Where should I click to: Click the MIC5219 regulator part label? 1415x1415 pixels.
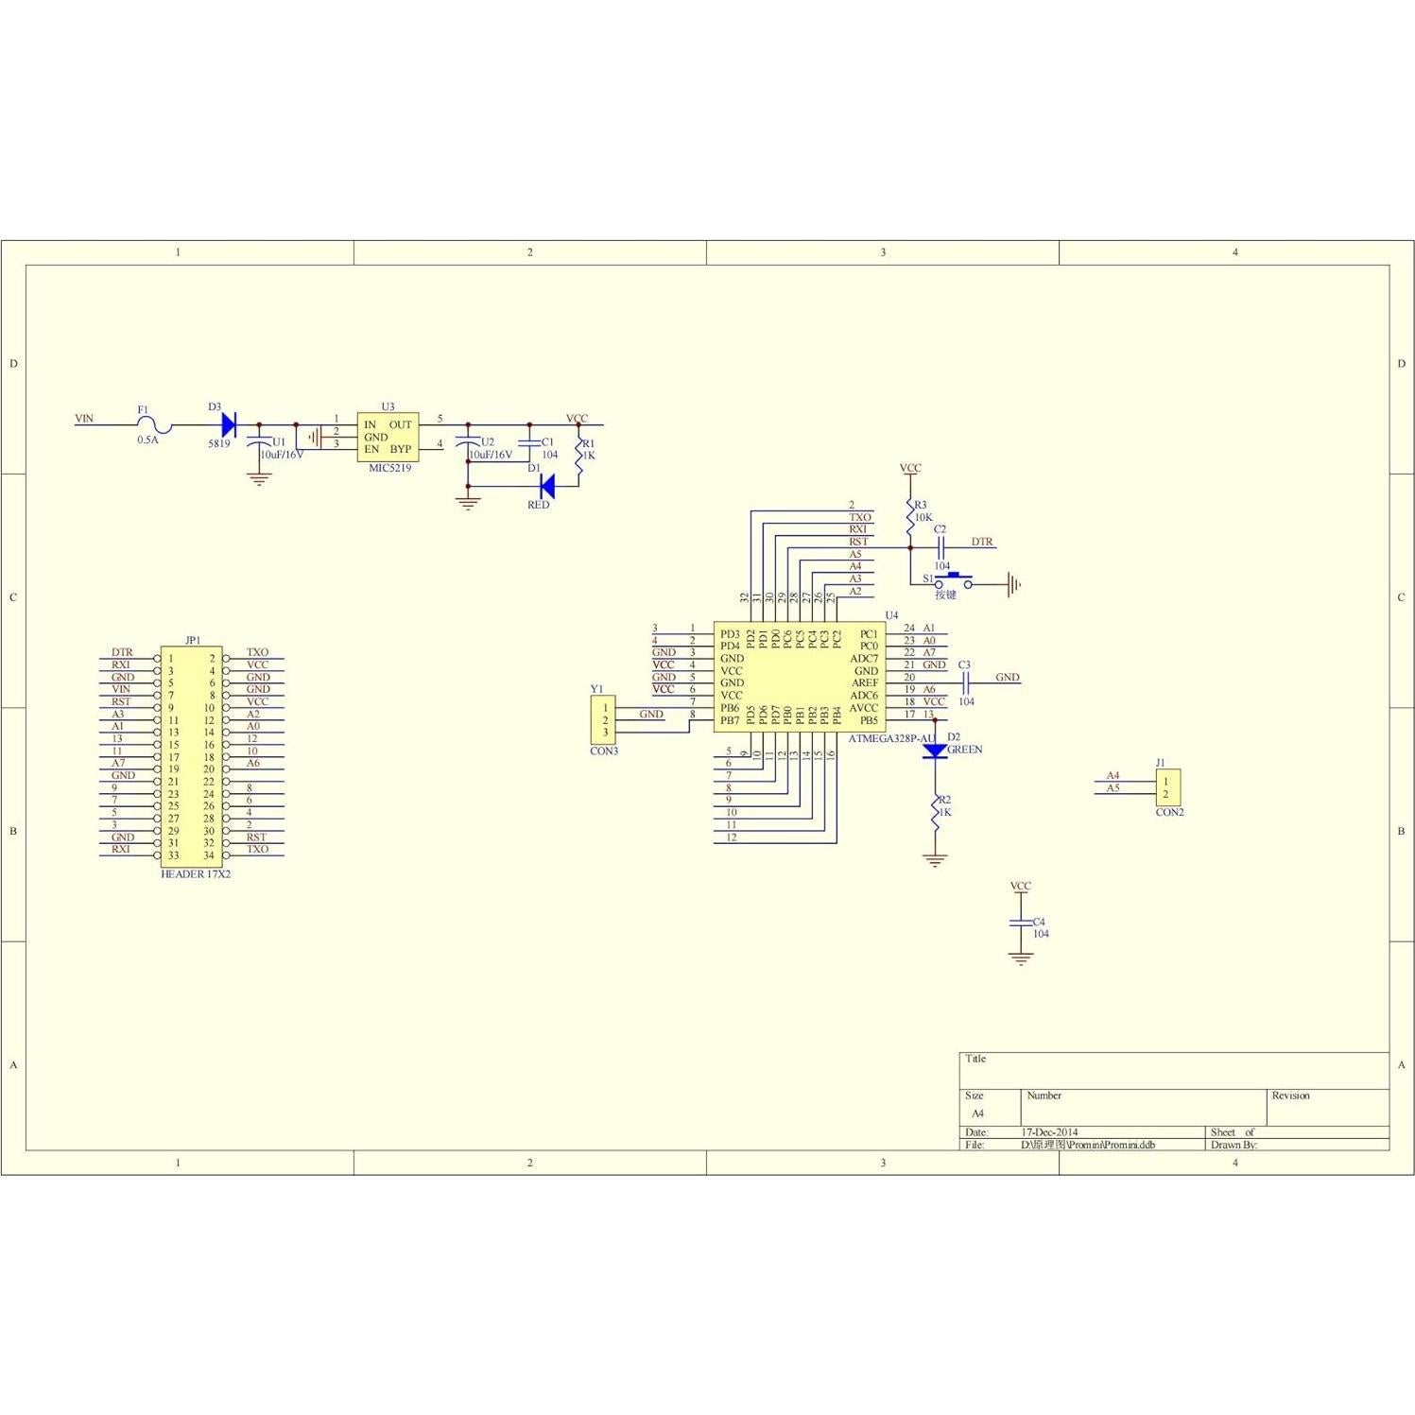coord(389,468)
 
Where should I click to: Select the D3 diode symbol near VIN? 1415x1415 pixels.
coord(228,424)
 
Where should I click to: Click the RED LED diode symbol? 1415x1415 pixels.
coord(546,486)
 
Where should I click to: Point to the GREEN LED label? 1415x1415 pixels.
coord(964,750)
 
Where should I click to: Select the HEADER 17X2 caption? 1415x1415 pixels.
coord(196,874)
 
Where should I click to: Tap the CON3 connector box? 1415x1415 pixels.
coord(603,719)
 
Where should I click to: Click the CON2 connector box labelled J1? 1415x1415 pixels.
coord(1167,787)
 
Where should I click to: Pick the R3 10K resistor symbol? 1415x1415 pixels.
coord(910,511)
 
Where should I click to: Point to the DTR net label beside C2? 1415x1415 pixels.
coord(982,542)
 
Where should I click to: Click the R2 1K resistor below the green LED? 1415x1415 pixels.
coord(935,812)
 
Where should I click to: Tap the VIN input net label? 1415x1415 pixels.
coord(84,419)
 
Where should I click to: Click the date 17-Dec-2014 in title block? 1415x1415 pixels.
coord(1049,1131)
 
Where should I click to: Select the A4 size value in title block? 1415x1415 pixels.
coord(977,1113)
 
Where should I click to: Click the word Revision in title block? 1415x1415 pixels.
coord(1290,1096)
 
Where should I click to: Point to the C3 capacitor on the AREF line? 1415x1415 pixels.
coord(965,678)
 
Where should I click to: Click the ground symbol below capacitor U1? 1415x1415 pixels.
coord(259,479)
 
